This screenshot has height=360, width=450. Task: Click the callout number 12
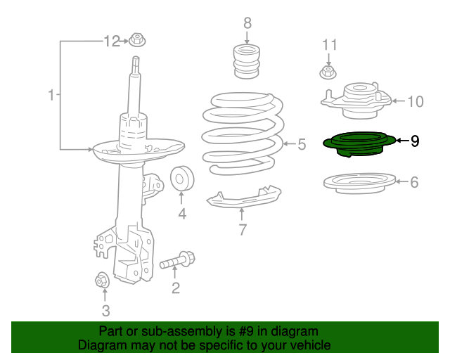click(x=112, y=41)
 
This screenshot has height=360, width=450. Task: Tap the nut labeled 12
click(x=136, y=41)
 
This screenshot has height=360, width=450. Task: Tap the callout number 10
click(x=415, y=102)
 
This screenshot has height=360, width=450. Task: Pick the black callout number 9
click(x=415, y=141)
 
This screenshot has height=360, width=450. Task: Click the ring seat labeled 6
click(x=356, y=185)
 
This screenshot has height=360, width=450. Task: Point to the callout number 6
click(x=414, y=182)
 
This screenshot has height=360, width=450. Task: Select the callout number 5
click(x=302, y=145)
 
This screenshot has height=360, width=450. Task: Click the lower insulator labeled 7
click(x=243, y=198)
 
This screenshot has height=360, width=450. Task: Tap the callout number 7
click(x=243, y=229)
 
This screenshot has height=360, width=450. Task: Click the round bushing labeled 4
click(x=182, y=180)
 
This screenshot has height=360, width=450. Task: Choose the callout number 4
click(x=182, y=214)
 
